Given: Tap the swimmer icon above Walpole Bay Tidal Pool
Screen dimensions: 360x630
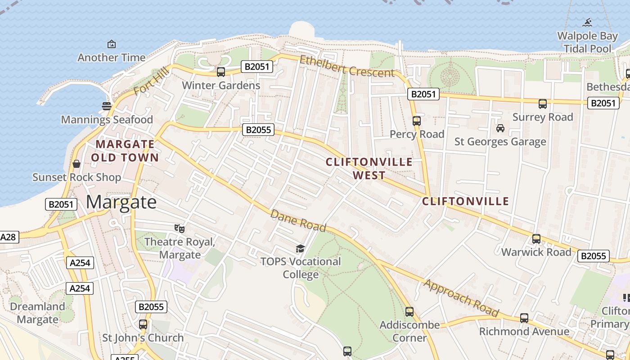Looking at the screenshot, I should (x=587, y=22).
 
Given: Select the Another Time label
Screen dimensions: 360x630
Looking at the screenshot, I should (x=112, y=58).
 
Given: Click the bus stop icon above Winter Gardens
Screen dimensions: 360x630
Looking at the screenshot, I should (x=220, y=72).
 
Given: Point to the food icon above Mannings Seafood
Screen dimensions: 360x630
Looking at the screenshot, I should (x=107, y=106).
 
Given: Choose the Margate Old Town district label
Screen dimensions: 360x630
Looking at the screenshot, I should (x=125, y=151).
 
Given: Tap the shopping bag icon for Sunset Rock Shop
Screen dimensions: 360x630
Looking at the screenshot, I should (x=76, y=164).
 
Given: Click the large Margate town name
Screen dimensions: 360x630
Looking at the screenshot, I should (x=121, y=202).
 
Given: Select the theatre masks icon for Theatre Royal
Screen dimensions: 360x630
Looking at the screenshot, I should (x=180, y=229).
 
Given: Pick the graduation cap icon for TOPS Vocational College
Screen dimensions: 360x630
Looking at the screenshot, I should (x=300, y=248).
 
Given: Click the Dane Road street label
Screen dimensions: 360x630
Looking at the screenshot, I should (x=298, y=220).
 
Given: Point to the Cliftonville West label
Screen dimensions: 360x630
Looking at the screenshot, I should (x=369, y=168).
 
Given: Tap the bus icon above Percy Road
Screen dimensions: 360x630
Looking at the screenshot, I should (x=417, y=121).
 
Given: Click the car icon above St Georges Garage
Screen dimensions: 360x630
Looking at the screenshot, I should (x=500, y=128).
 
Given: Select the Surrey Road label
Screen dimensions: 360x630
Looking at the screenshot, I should (x=543, y=117).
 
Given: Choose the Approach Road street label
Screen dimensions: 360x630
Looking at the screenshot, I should (x=462, y=298).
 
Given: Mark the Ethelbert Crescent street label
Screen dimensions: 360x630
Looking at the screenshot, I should (x=346, y=66).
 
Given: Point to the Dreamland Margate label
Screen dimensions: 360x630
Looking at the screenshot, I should (x=37, y=313).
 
